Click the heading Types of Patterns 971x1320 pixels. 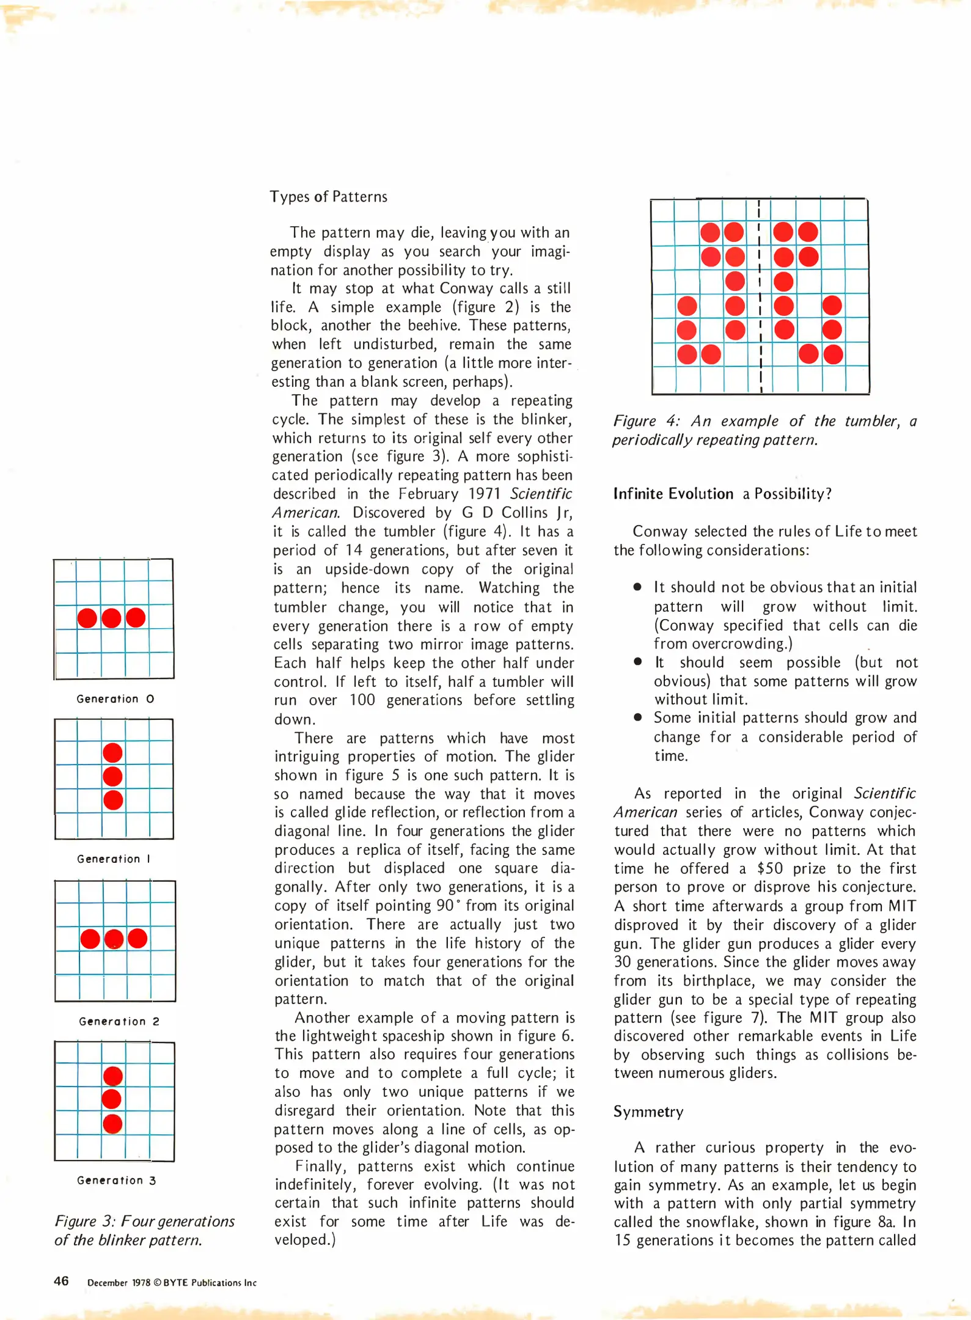pyautogui.click(x=329, y=197)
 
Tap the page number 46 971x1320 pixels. pyautogui.click(x=61, y=1281)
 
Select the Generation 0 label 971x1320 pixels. pyautogui.click(x=115, y=698)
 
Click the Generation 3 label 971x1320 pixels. pyautogui.click(x=116, y=1180)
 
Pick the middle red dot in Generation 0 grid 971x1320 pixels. pyautogui.click(x=111, y=618)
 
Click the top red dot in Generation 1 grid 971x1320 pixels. pyautogui.click(x=112, y=753)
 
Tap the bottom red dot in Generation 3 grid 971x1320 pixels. pyautogui.click(x=112, y=1123)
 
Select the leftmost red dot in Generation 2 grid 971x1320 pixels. pyautogui.click(x=90, y=939)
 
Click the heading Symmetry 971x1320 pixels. pyautogui.click(x=648, y=1112)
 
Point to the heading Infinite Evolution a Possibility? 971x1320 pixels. pyautogui.click(x=722, y=494)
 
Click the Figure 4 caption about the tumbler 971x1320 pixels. pyautogui.click(x=764, y=430)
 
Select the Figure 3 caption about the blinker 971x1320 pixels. pyautogui.click(x=144, y=1230)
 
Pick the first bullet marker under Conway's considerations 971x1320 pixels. pyautogui.click(x=637, y=587)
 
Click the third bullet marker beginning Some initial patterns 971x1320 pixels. pyautogui.click(x=637, y=717)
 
